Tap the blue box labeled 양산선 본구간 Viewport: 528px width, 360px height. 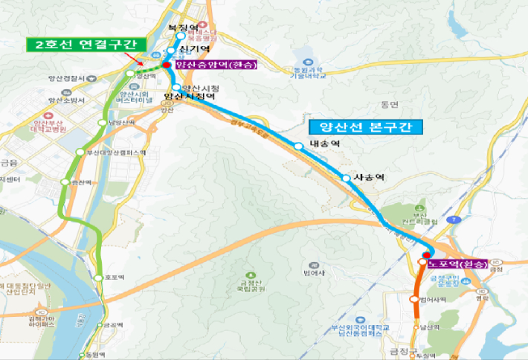[365, 126]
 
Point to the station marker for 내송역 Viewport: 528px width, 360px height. [298, 147]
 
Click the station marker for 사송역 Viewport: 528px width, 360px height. [346, 178]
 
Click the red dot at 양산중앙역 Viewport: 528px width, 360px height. [167, 65]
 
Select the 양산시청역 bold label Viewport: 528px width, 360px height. [190, 97]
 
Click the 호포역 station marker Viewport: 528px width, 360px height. [101, 277]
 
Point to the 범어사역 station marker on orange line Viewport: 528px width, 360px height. [415, 299]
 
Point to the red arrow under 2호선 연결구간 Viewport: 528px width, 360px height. [137, 59]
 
